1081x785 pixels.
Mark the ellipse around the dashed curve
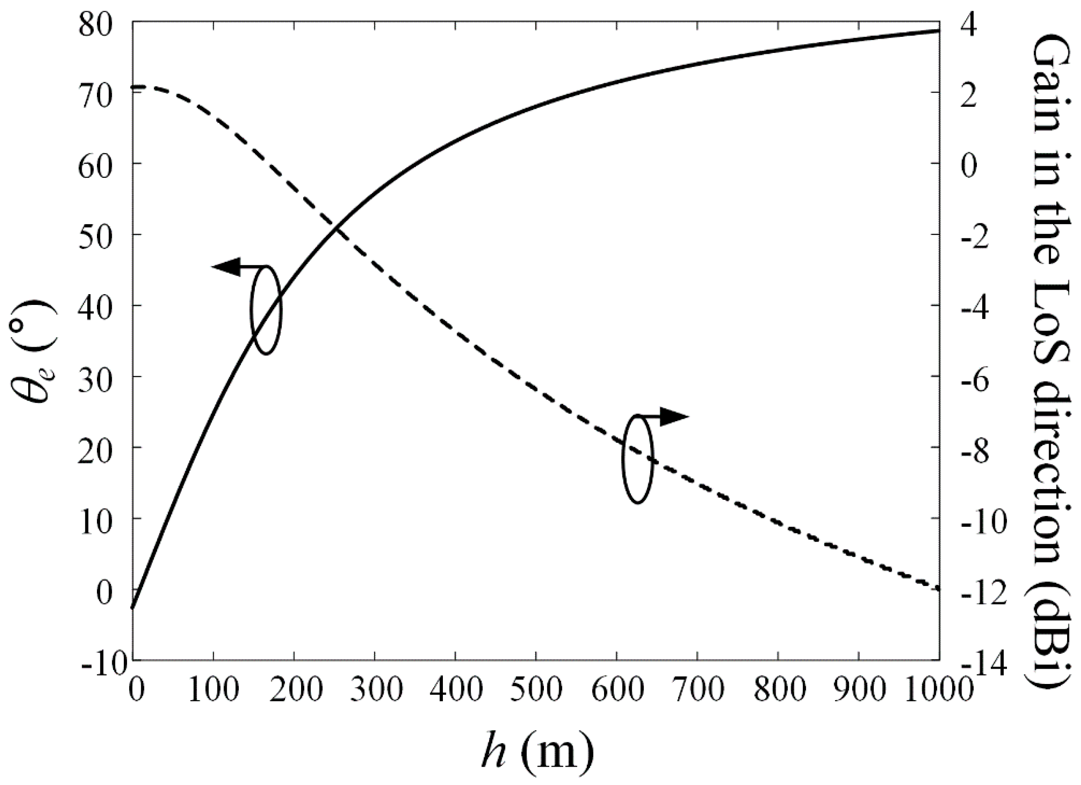pos(637,459)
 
